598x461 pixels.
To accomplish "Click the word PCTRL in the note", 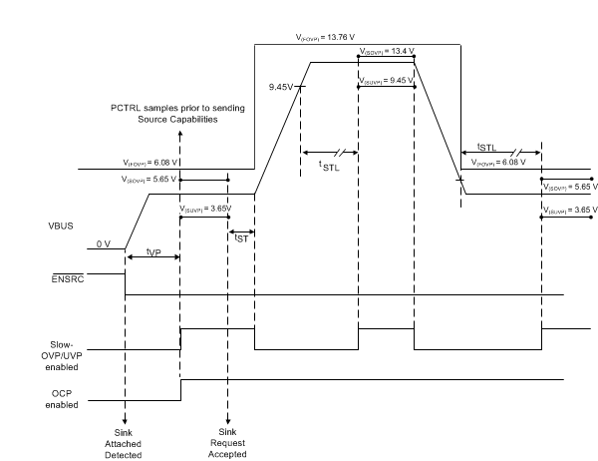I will (x=129, y=108).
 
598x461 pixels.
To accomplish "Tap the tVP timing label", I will (x=151, y=252).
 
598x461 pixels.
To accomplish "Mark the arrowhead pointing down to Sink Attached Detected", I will (x=125, y=419).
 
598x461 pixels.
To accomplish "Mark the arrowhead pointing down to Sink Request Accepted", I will (x=228, y=419).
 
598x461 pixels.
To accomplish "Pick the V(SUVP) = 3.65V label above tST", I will (x=206, y=209).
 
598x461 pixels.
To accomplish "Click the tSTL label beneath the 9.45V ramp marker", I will (x=327, y=167).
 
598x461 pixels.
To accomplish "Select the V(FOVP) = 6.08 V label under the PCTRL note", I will (x=149, y=163).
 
